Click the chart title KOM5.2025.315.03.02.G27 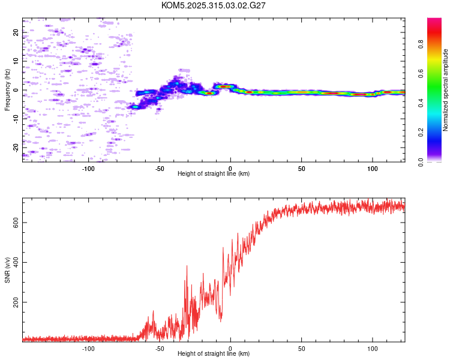pyautogui.click(x=214, y=5)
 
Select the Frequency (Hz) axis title pyautogui.click(x=7, y=90)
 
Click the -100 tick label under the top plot pyautogui.click(x=89, y=167)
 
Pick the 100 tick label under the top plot pyautogui.click(x=372, y=167)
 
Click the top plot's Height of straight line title pyautogui.click(x=214, y=173)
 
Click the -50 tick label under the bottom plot pyautogui.click(x=160, y=347)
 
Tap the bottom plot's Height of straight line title pyautogui.click(x=214, y=353)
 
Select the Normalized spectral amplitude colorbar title pyautogui.click(x=445, y=90)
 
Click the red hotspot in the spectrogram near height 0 pyautogui.click(x=224, y=86)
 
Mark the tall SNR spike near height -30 pyautogui.click(x=187, y=266)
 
